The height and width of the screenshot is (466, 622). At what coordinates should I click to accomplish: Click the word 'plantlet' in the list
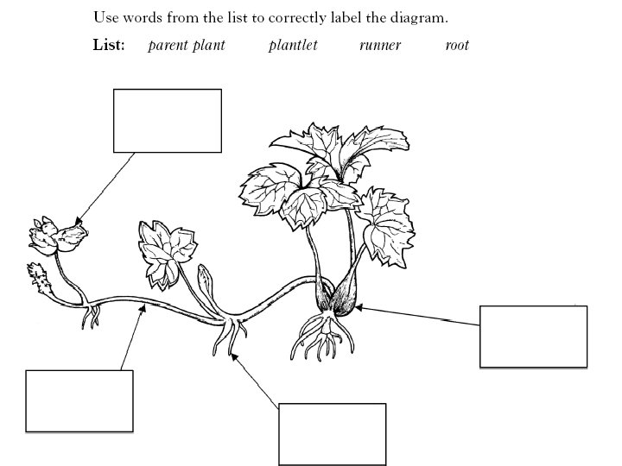click(x=293, y=45)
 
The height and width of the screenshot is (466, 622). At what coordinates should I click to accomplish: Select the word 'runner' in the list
click(x=380, y=45)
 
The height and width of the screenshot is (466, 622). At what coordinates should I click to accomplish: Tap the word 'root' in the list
click(x=457, y=45)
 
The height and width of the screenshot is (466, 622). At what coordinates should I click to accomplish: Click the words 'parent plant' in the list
click(x=186, y=45)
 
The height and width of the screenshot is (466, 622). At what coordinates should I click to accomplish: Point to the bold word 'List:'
click(x=109, y=45)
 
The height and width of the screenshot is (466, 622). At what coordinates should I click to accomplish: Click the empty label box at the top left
click(x=167, y=120)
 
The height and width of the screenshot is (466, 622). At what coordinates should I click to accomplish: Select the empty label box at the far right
click(x=533, y=337)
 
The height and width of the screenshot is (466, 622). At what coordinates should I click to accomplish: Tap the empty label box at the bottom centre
click(x=331, y=433)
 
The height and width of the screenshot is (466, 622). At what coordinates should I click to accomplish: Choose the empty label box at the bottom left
click(x=79, y=400)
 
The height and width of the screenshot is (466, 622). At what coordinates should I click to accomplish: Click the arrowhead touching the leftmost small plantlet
click(x=79, y=223)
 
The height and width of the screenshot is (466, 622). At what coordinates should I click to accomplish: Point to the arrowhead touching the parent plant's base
click(x=357, y=305)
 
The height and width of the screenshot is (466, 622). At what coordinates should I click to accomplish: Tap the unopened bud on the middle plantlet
click(x=205, y=280)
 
